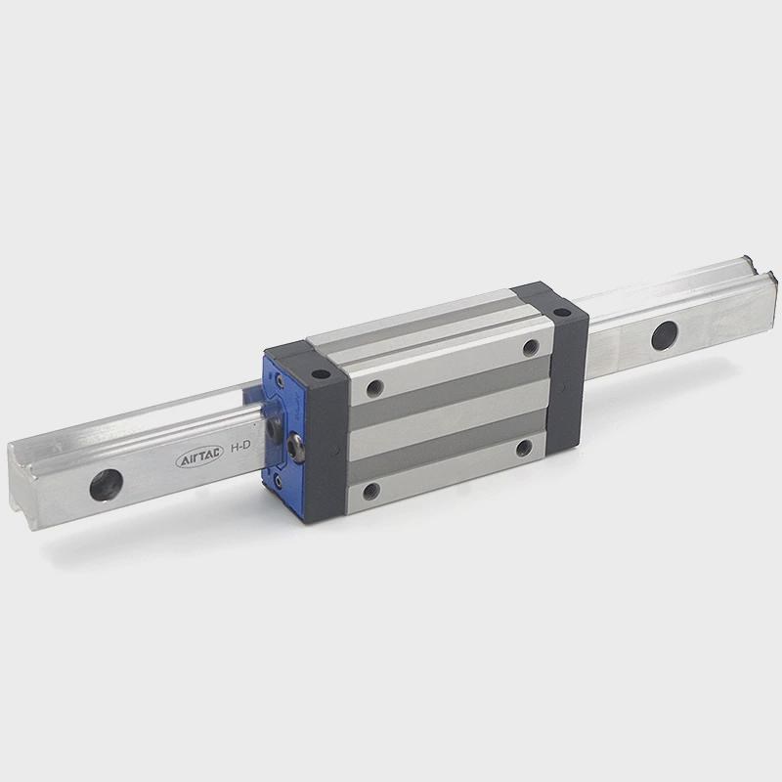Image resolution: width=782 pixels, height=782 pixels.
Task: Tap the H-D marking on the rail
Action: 239,447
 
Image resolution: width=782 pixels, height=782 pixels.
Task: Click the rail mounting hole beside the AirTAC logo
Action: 107,485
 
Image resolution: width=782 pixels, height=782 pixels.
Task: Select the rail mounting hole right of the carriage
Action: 665,335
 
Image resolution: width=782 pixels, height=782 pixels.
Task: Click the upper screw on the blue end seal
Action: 280,381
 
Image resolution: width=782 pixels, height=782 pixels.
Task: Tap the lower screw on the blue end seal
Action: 278,481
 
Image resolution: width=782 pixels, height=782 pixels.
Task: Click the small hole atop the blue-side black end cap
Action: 321,373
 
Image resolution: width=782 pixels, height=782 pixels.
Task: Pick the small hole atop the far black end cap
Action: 562,313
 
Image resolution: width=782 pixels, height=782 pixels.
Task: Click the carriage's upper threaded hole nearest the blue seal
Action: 374,387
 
